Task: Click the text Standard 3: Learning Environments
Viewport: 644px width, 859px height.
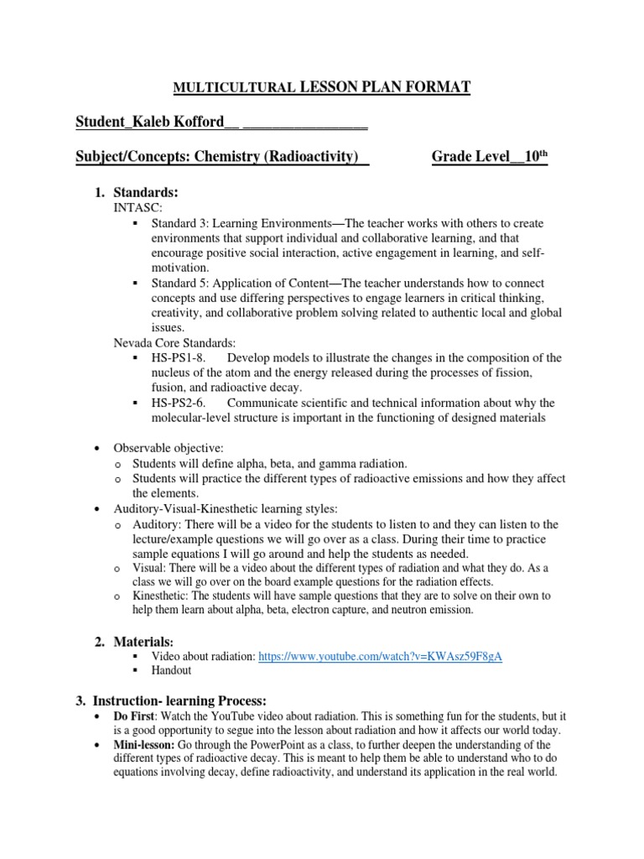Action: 241,224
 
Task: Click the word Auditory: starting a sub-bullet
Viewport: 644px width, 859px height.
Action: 156,524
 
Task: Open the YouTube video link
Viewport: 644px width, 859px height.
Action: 381,657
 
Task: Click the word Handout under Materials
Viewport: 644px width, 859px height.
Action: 171,670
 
